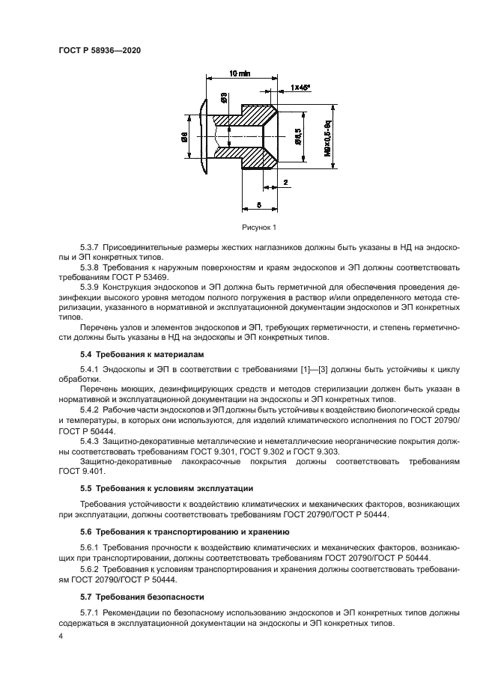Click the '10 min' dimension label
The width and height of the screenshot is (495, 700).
(240, 73)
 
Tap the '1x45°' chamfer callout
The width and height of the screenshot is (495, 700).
(300, 88)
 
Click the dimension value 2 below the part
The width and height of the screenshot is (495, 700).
(286, 183)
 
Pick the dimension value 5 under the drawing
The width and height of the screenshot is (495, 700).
(258, 203)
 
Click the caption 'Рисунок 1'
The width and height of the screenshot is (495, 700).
(259, 227)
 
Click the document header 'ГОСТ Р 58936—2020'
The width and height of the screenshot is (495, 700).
(100, 49)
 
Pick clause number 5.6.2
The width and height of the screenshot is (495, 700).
(91, 570)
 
